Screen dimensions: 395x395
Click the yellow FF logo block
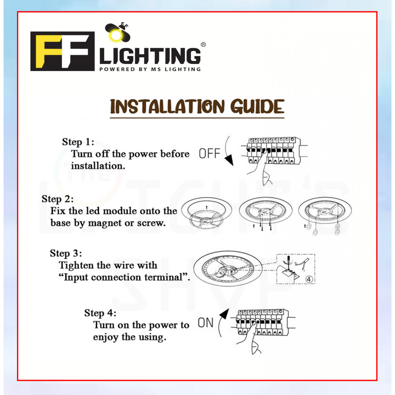[62, 51]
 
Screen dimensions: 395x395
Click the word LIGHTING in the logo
[150, 56]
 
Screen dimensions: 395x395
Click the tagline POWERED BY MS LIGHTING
[150, 69]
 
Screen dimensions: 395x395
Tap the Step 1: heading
[78, 142]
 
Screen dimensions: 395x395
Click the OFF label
[209, 154]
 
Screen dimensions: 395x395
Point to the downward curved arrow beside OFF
[228, 152]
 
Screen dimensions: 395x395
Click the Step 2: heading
[58, 199]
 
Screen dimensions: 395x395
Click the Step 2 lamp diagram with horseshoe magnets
[325, 215]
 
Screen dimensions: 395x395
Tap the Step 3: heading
[66, 253]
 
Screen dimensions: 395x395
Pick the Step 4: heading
[100, 313]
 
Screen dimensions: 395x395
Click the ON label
[205, 323]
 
